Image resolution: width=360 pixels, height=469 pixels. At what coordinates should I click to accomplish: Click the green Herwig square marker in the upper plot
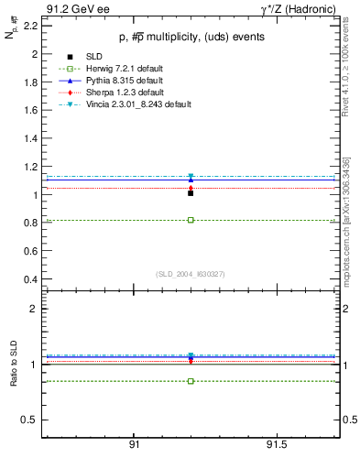(191, 220)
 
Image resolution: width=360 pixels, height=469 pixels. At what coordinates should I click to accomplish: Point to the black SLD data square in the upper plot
(191, 193)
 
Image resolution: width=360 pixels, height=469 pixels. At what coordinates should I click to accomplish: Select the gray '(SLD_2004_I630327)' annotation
(190, 274)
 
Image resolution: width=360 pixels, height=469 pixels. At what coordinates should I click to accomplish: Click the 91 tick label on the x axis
(134, 444)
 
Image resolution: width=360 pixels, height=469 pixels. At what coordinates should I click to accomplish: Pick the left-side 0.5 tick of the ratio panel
(29, 420)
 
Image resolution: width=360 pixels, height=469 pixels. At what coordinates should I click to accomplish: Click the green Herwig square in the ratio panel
(191, 381)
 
